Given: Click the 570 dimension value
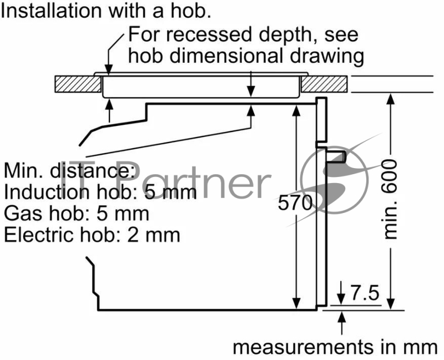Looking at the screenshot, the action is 295,202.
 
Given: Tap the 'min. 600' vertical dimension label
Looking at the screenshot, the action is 391,199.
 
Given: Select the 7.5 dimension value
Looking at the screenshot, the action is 365,293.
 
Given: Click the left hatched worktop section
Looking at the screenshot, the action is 78,84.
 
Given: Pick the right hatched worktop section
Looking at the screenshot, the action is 324,84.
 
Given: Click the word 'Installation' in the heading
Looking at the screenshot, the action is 51,11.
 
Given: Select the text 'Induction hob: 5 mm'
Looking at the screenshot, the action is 100,192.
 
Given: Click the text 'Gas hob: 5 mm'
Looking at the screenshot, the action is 77,214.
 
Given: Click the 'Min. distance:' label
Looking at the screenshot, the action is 69,170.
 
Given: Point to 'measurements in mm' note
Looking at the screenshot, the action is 335,347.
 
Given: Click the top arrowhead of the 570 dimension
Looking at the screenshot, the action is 296,110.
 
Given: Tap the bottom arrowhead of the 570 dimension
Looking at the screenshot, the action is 296,303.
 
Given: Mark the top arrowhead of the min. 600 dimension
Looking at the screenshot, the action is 391,99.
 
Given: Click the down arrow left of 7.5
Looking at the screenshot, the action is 341,293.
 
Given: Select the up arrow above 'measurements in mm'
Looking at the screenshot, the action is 342,323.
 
